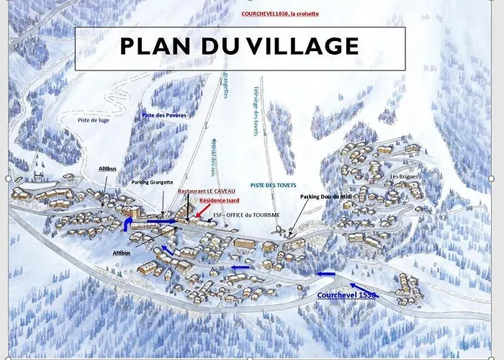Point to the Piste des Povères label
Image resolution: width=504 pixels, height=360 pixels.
coord(163,114)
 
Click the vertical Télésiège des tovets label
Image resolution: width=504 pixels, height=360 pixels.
coord(255,112)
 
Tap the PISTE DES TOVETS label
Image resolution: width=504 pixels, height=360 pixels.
coord(274,185)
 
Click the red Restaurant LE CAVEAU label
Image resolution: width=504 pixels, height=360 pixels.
coord(206,191)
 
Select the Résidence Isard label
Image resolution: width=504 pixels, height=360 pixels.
coord(219,200)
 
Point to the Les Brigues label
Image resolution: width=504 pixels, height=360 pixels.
coord(403,176)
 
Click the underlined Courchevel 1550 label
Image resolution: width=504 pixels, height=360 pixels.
coord(347,294)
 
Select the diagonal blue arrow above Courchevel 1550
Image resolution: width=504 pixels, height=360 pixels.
coord(361,291)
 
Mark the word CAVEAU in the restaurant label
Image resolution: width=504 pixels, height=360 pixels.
coord(221,191)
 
